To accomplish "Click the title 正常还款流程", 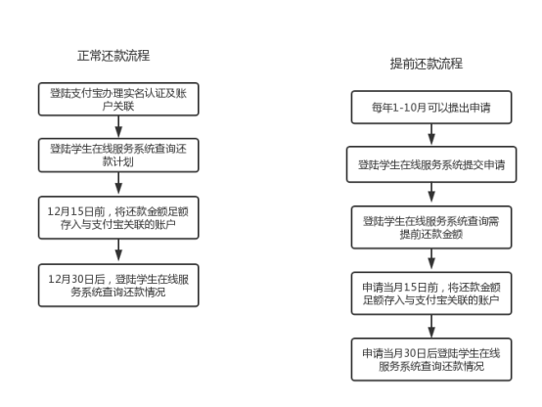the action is [113, 56].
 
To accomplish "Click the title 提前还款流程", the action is [427, 64].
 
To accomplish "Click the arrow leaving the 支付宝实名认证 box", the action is [118, 127].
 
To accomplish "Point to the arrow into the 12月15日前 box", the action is [118, 184].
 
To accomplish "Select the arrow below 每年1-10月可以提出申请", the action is [431, 135].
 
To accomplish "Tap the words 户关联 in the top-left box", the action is [118, 106].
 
